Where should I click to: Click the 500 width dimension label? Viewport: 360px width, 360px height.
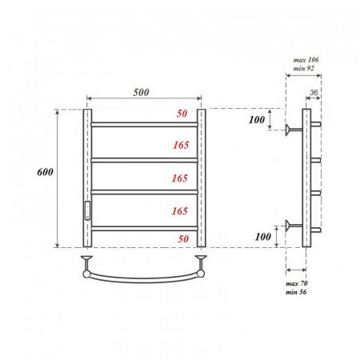[x=142, y=92]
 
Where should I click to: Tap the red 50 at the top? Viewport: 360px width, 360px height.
[x=182, y=114]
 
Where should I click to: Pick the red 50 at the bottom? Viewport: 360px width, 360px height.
[x=182, y=238]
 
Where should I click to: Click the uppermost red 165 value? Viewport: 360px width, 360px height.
[x=179, y=146]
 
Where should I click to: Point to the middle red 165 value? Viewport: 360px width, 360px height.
[x=179, y=178]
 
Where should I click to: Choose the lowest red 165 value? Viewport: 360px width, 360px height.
[x=179, y=211]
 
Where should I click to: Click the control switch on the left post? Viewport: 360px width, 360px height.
[x=88, y=210]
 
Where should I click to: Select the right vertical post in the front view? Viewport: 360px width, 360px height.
[x=202, y=176]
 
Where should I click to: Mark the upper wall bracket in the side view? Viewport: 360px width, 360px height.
[x=294, y=127]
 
